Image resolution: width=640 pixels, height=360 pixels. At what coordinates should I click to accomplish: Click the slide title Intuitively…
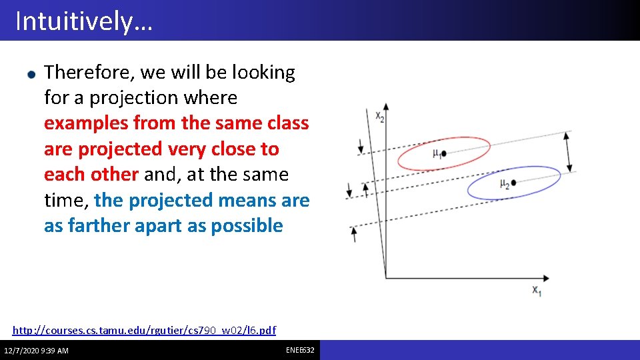(84, 21)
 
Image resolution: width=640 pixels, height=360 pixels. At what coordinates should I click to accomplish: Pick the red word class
(286, 123)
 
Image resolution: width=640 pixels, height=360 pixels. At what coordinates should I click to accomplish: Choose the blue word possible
(247, 225)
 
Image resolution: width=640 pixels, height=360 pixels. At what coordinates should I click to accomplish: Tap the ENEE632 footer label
(300, 350)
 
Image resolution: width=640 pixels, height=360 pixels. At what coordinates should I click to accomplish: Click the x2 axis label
(379, 117)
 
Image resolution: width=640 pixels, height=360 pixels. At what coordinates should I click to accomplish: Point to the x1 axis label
(536, 291)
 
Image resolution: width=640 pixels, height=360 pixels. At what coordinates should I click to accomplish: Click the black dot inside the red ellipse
(444, 153)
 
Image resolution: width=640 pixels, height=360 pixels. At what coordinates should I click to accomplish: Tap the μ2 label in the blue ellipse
(505, 184)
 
